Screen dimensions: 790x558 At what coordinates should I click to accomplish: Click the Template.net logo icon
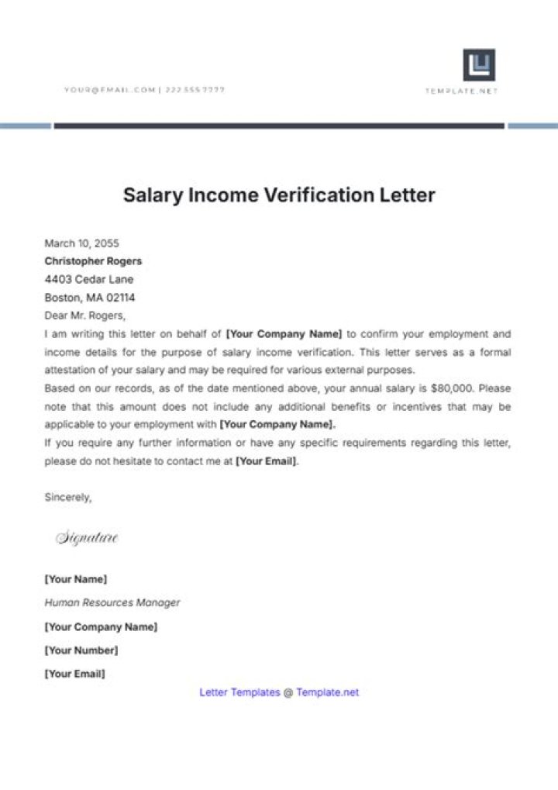tap(479, 65)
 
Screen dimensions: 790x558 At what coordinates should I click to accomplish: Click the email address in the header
tap(110, 90)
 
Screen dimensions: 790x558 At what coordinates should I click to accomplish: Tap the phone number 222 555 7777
tap(195, 90)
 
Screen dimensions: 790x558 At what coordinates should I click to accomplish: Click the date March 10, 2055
tap(81, 243)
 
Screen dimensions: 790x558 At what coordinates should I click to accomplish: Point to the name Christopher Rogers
tap(93, 261)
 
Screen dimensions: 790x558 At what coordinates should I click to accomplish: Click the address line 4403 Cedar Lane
tap(88, 279)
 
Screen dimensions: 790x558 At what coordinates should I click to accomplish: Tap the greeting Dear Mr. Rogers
tap(84, 316)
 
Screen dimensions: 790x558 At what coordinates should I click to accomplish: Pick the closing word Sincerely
tap(68, 498)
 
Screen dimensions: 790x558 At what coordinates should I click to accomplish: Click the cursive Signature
tap(87, 538)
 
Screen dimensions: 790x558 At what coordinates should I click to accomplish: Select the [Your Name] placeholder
tap(76, 579)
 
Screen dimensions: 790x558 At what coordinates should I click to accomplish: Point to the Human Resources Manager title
tap(112, 602)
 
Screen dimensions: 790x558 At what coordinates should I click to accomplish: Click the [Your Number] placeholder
tap(81, 650)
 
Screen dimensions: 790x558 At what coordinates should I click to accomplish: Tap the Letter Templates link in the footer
tap(239, 692)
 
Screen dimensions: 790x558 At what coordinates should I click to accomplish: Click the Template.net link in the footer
tap(327, 692)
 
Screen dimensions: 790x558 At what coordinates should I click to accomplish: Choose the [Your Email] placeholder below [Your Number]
tap(74, 674)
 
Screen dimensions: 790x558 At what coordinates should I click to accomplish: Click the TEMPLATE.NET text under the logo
tap(461, 91)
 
